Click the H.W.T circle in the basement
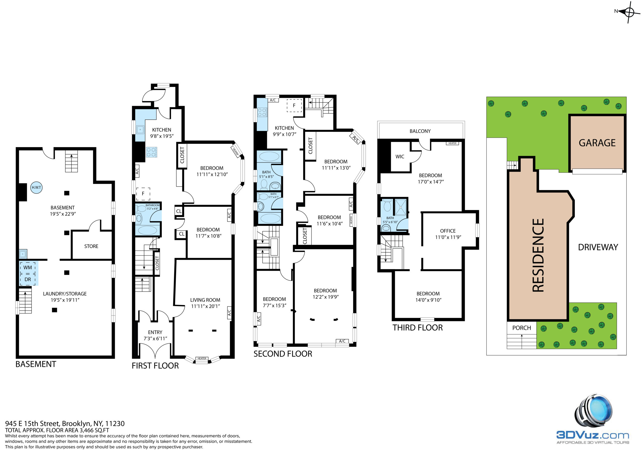[36, 187]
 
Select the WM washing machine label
[28, 267]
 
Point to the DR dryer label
[28, 279]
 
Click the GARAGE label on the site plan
[597, 143]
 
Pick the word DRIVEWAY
[598, 247]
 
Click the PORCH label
[521, 328]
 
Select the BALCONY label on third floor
[420, 131]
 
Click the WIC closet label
[399, 157]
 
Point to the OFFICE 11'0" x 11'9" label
[448, 234]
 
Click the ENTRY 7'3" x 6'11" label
[155, 335]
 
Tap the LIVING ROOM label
[205, 300]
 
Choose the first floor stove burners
[151, 152]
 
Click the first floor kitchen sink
[140, 130]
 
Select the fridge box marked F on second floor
[294, 106]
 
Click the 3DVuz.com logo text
[593, 435]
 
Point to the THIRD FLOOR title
[418, 328]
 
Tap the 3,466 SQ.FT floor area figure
[94, 430]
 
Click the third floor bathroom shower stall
[400, 207]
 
